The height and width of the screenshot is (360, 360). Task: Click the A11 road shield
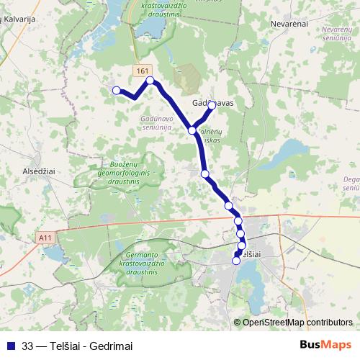point(46,237)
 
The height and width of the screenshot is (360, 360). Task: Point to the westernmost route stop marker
point(117,90)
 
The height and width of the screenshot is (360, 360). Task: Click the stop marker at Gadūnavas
point(212,105)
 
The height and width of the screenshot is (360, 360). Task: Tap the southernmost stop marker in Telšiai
point(236,261)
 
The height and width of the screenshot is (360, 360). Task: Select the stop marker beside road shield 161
point(150,81)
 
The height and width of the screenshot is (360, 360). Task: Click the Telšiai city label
point(249,254)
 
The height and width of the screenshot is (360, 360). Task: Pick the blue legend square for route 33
point(10,345)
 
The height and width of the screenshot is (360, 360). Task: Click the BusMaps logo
point(325,344)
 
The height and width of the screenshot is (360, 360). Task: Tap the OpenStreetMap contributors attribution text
point(297,323)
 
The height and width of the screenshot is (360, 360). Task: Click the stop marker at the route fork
point(192,130)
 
